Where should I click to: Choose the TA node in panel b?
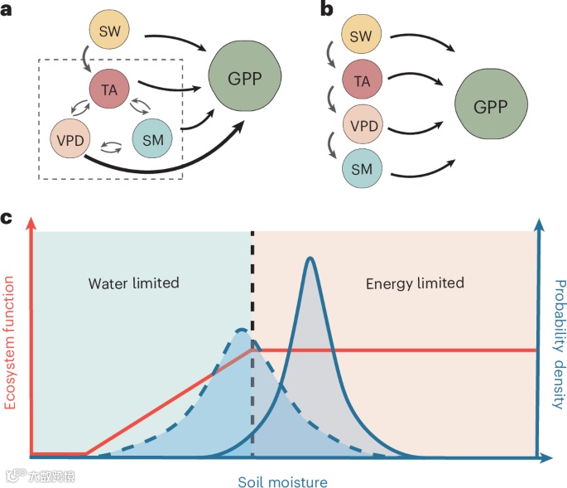(x=362, y=81)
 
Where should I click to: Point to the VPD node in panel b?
(x=362, y=126)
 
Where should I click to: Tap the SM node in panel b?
(x=362, y=169)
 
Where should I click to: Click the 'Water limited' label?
(x=133, y=283)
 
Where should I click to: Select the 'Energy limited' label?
(x=415, y=283)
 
